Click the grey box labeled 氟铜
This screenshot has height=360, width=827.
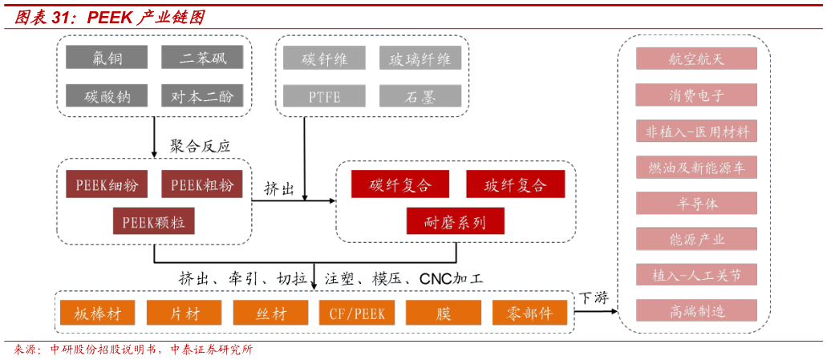[107, 58]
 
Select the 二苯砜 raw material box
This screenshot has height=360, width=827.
[202, 58]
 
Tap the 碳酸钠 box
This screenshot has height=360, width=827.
[107, 96]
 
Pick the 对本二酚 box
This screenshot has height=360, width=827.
[202, 96]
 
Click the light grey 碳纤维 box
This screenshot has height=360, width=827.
[324, 58]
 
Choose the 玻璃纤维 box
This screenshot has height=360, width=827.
[420, 58]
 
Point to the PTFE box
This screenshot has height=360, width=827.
[324, 96]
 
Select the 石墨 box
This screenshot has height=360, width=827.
[420, 96]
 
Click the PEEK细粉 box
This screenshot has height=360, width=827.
[107, 184]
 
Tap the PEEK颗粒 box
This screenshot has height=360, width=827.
[153, 221]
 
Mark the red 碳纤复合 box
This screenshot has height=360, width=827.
[399, 184]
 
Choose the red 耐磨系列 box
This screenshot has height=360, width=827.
[455, 221]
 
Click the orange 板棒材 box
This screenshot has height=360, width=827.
[97, 313]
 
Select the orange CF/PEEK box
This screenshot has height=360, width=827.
[357, 313]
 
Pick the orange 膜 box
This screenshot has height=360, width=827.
[444, 313]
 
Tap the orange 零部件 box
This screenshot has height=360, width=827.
[529, 313]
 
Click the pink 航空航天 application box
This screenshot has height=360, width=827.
[696, 59]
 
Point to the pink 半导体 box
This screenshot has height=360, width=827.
[696, 203]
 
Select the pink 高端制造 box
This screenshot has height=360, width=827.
[696, 311]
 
